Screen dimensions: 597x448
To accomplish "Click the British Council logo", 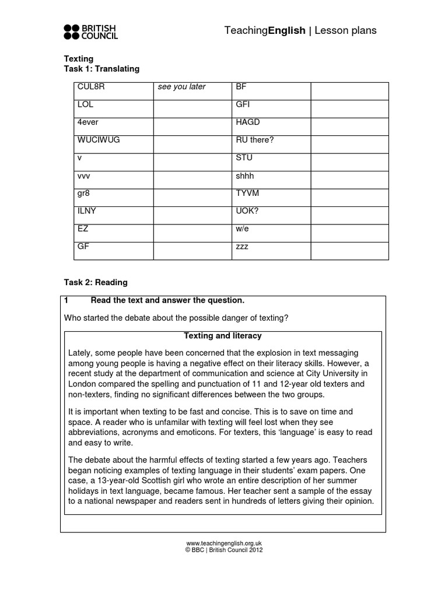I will [91, 32].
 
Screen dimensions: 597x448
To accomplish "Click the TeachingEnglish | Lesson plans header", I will [300, 31].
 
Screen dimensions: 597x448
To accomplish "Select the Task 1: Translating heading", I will [101, 69].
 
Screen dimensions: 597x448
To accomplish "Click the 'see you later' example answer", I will [181, 87].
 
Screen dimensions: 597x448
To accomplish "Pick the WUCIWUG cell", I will [99, 140].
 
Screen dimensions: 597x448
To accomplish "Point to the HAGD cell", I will [248, 122].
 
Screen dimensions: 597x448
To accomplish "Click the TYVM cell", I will [247, 193].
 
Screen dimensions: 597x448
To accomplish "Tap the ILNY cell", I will [86, 211].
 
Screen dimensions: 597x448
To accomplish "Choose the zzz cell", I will [242, 247].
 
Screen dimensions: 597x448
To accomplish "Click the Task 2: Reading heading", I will [95, 282].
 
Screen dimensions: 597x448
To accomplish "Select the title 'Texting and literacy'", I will [223, 336].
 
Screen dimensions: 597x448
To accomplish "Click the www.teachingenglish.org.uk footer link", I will [223, 543].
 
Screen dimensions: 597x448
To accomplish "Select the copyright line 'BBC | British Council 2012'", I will [223, 550].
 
